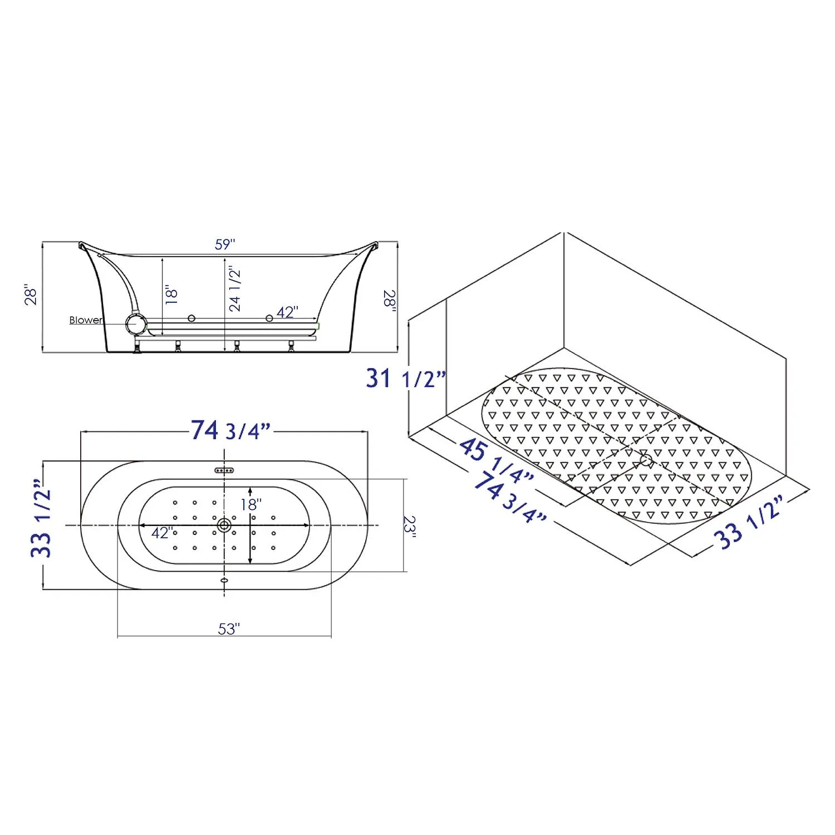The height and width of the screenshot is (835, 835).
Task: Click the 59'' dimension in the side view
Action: [225, 244]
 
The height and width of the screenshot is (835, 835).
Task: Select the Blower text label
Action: [86, 320]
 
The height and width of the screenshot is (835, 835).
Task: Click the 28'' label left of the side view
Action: [32, 296]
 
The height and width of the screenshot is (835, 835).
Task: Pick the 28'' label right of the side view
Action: [389, 301]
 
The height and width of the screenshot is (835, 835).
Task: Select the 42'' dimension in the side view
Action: [287, 312]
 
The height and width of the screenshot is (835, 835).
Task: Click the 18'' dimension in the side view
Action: [171, 294]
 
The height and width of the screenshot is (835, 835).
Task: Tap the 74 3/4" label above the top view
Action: [230, 430]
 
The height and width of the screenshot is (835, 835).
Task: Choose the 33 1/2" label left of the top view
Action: [41, 518]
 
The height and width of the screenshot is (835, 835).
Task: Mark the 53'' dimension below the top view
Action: [228, 629]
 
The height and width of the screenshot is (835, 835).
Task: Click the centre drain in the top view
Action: [224, 524]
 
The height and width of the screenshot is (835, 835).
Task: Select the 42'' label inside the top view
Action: [162, 533]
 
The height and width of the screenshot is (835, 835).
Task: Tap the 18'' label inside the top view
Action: [251, 504]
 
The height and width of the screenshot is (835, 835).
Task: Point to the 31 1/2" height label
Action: [406, 379]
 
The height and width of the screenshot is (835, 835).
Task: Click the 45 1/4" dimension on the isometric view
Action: [496, 459]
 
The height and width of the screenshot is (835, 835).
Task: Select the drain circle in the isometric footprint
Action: [646, 460]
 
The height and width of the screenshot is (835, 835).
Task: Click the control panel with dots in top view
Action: [224, 470]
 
